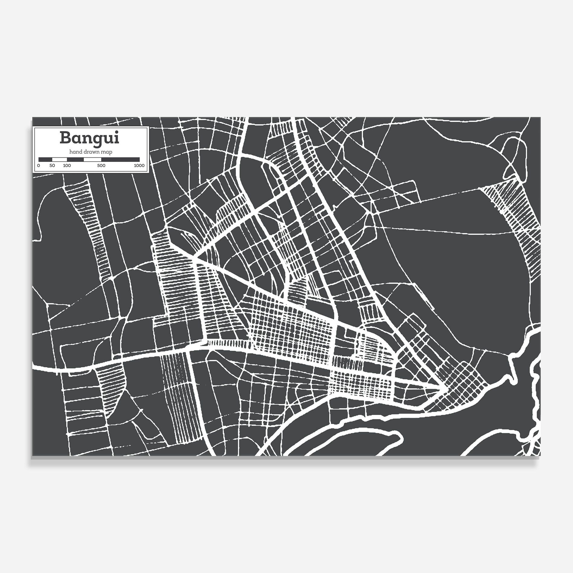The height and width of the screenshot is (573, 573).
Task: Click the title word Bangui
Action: [x=90, y=138]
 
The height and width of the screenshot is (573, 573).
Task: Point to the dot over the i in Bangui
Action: [x=117, y=132]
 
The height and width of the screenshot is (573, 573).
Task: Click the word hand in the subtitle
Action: [x=74, y=152]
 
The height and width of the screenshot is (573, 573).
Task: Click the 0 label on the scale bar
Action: [x=39, y=166]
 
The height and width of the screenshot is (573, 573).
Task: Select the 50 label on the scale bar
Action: [x=52, y=166]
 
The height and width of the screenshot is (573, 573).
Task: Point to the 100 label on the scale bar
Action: [x=67, y=166]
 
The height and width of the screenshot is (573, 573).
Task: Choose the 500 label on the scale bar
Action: [x=101, y=166]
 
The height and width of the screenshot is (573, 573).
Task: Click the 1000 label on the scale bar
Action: [x=139, y=166]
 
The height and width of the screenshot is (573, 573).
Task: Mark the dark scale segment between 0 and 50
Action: [x=45, y=159]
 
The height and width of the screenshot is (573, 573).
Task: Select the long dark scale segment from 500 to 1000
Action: [x=120, y=159]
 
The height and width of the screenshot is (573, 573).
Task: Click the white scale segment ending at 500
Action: [x=92, y=159]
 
